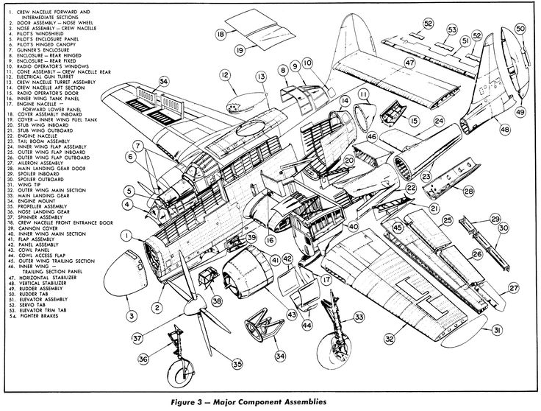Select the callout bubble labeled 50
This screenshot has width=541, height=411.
[520, 29]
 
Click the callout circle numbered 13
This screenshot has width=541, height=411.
[260, 77]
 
